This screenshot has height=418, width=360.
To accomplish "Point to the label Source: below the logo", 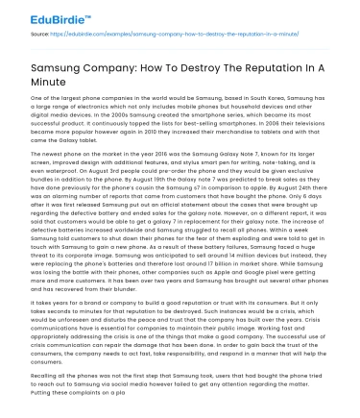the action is click(x=40, y=35).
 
